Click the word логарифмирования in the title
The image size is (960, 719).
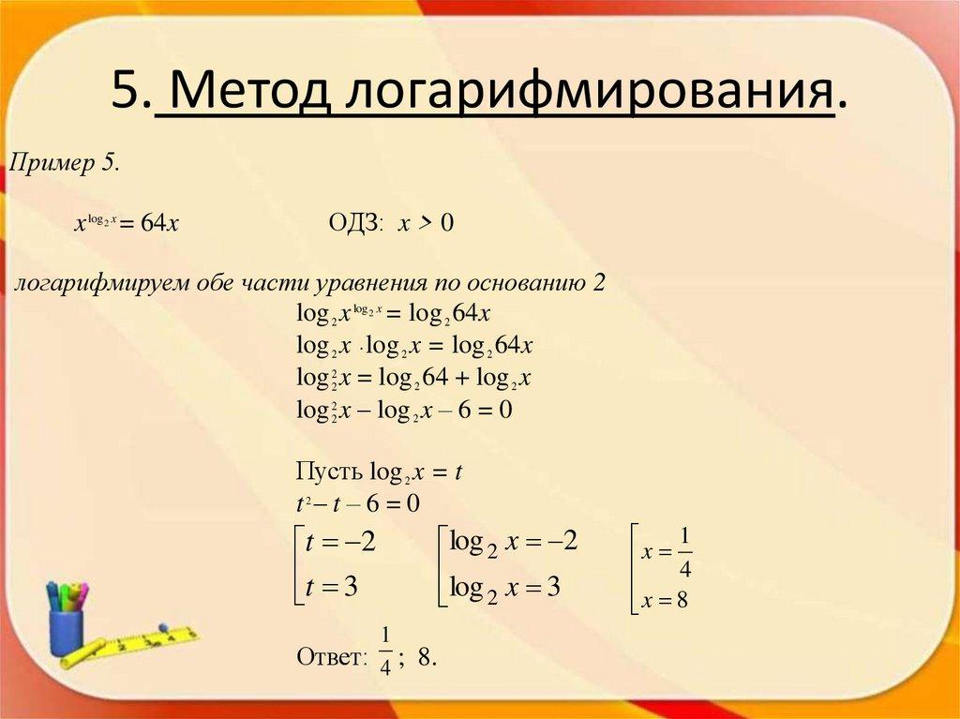591,93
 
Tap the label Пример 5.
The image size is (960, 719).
64,163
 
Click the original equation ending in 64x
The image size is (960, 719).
127,223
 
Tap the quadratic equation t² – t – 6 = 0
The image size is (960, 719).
357,503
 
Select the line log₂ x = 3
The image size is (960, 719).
504,589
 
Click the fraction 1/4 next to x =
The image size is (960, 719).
684,553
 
